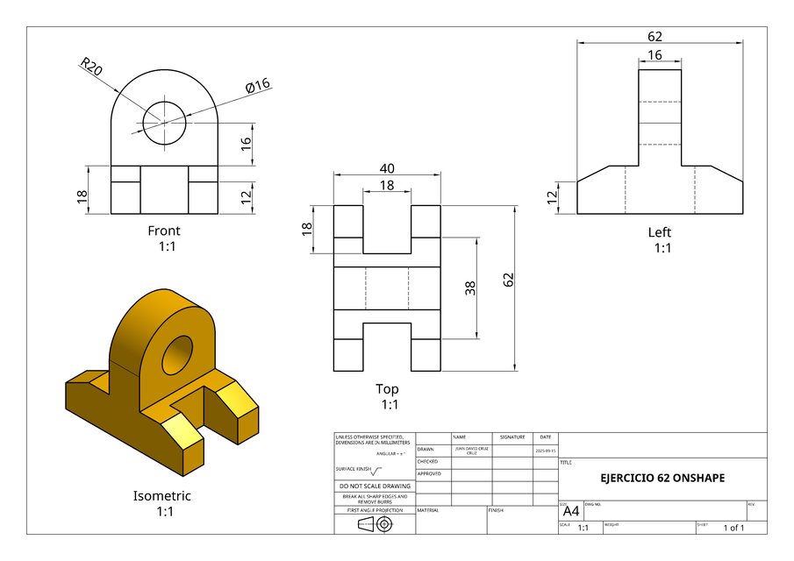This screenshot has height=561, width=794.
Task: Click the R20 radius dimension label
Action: pos(91,67)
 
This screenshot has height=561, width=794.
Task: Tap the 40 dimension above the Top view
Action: pos(387,168)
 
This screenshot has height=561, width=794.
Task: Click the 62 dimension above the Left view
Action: pos(655,37)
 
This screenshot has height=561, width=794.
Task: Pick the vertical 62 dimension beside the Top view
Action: pos(508,280)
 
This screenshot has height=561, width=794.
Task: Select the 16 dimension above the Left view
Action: pos(655,55)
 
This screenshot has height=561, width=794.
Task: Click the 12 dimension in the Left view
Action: pos(553,197)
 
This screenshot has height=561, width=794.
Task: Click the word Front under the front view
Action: pos(164,231)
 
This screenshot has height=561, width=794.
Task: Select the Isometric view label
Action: pos(161,495)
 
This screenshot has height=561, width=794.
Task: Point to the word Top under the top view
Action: pos(387,388)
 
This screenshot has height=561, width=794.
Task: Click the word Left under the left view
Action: pos(660,232)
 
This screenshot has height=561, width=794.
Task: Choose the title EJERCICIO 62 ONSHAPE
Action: pos(662,479)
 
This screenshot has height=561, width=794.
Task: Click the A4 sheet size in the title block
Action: pos(570,511)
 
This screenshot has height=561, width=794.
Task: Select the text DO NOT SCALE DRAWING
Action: pos(375,486)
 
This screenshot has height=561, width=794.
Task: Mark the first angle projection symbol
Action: pos(375,524)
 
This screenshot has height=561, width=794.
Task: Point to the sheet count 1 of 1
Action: pos(733,528)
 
